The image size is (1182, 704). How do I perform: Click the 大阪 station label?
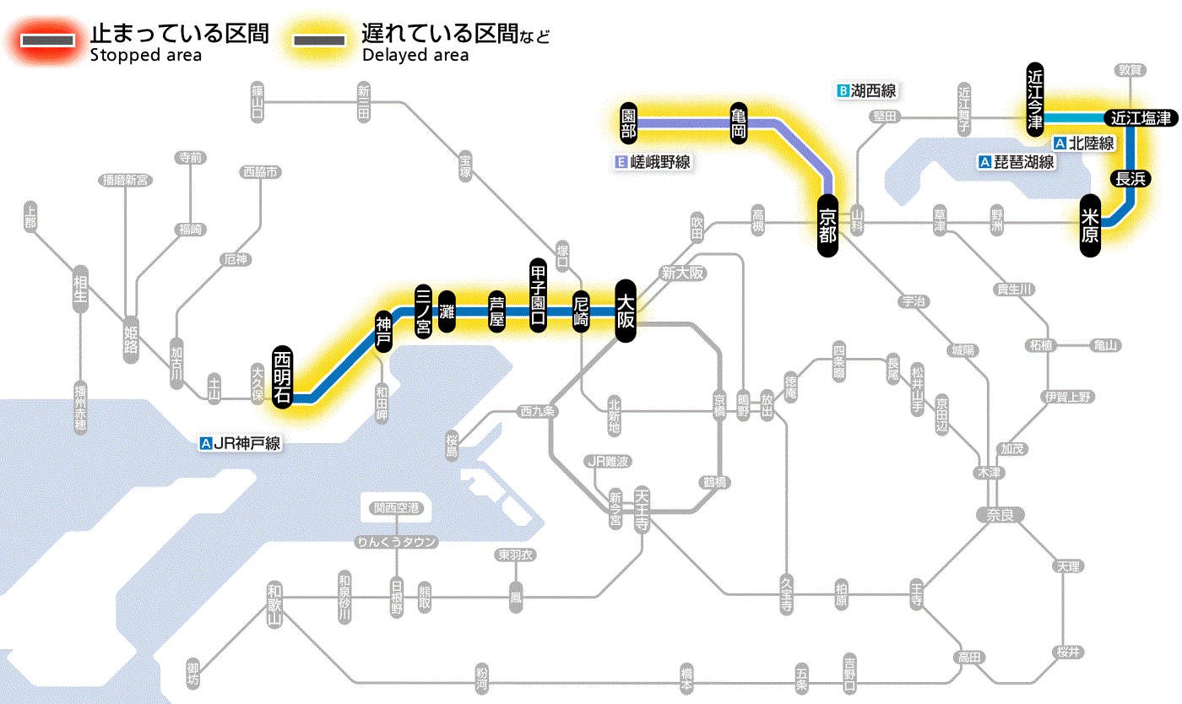[x=625, y=311]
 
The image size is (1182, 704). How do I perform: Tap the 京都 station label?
[x=827, y=225]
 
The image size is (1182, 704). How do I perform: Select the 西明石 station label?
[x=283, y=377]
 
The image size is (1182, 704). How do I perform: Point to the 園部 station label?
[x=628, y=123]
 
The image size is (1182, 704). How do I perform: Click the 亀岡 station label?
[x=739, y=123]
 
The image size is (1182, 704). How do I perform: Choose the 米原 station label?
[x=1090, y=225]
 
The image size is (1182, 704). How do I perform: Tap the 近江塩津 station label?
[x=1141, y=118]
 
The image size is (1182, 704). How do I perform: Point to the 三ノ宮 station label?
[x=423, y=311]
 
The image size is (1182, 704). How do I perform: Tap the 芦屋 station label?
[x=497, y=311]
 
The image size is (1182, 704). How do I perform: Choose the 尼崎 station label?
[x=581, y=311]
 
